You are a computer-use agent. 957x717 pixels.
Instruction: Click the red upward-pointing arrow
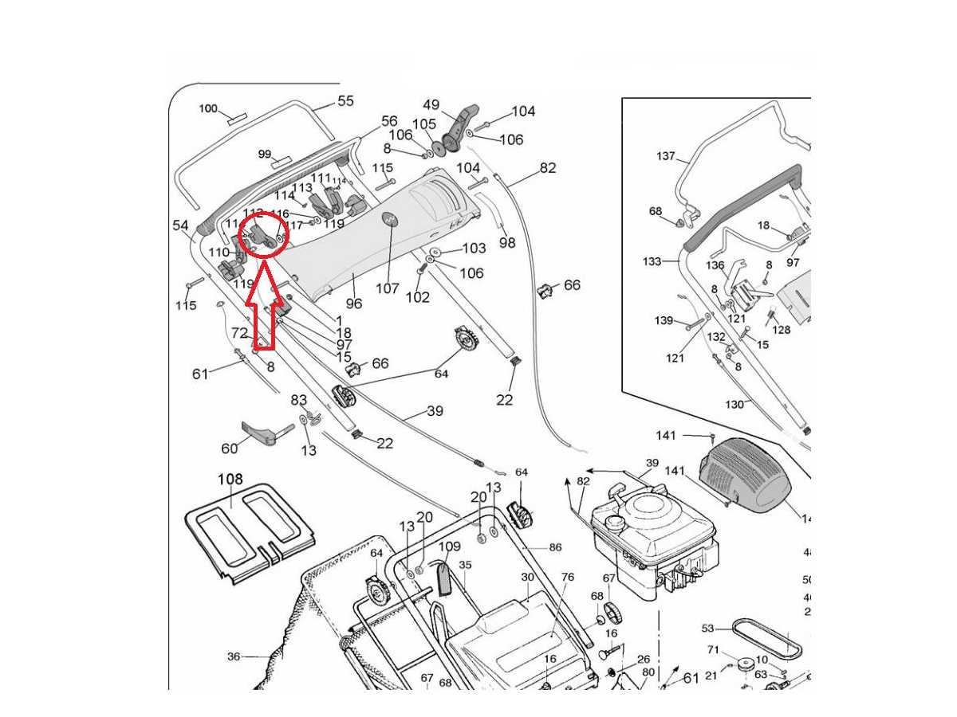point(260,315)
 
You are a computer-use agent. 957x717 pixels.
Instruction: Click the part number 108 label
point(230,480)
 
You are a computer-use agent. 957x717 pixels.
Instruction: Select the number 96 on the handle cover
point(353,304)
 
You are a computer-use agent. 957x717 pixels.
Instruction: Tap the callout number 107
point(388,288)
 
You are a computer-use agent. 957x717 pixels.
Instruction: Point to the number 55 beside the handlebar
point(345,101)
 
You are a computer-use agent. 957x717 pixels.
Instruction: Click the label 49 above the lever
point(431,105)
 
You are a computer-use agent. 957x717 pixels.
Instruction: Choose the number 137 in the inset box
point(666,156)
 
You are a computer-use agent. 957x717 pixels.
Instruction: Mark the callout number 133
point(652,261)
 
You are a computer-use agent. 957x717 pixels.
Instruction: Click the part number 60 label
point(230,449)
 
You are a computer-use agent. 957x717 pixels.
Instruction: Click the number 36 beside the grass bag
point(234,656)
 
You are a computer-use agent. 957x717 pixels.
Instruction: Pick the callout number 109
point(450,547)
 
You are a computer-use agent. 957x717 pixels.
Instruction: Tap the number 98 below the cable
point(507,242)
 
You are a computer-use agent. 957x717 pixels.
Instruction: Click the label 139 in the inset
point(664,320)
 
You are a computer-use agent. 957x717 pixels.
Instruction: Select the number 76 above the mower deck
point(567,578)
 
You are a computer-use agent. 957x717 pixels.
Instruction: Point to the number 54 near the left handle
point(181,225)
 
